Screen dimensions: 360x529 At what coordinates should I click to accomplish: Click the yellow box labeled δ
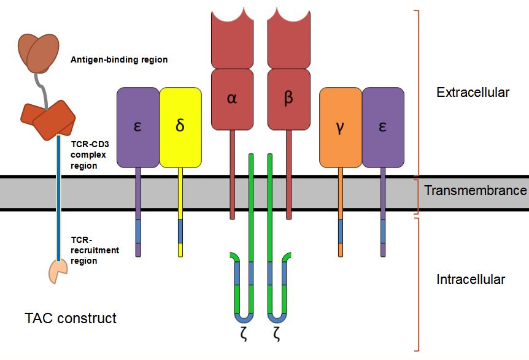180,128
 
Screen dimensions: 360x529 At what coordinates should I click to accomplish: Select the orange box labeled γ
341,128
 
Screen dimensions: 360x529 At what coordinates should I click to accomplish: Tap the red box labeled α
232,99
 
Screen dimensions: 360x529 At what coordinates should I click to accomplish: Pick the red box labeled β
288,99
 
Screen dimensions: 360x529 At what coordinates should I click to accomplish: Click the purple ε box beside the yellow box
138,128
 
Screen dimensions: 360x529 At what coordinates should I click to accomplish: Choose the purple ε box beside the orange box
383,128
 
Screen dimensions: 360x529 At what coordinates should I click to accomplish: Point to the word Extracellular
473,93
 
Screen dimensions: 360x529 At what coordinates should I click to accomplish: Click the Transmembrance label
476,190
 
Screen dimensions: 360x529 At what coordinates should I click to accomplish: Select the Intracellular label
471,280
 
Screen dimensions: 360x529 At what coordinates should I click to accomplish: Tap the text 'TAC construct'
71,318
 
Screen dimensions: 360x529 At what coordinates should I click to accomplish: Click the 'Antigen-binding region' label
119,60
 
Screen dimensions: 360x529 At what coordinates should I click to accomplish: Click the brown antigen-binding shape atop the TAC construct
42,52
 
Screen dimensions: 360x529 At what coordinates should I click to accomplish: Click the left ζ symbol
244,335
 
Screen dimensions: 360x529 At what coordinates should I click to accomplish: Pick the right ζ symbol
277,335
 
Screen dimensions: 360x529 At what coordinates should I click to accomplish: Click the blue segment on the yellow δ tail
180,231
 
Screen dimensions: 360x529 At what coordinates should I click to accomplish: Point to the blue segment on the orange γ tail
341,231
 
